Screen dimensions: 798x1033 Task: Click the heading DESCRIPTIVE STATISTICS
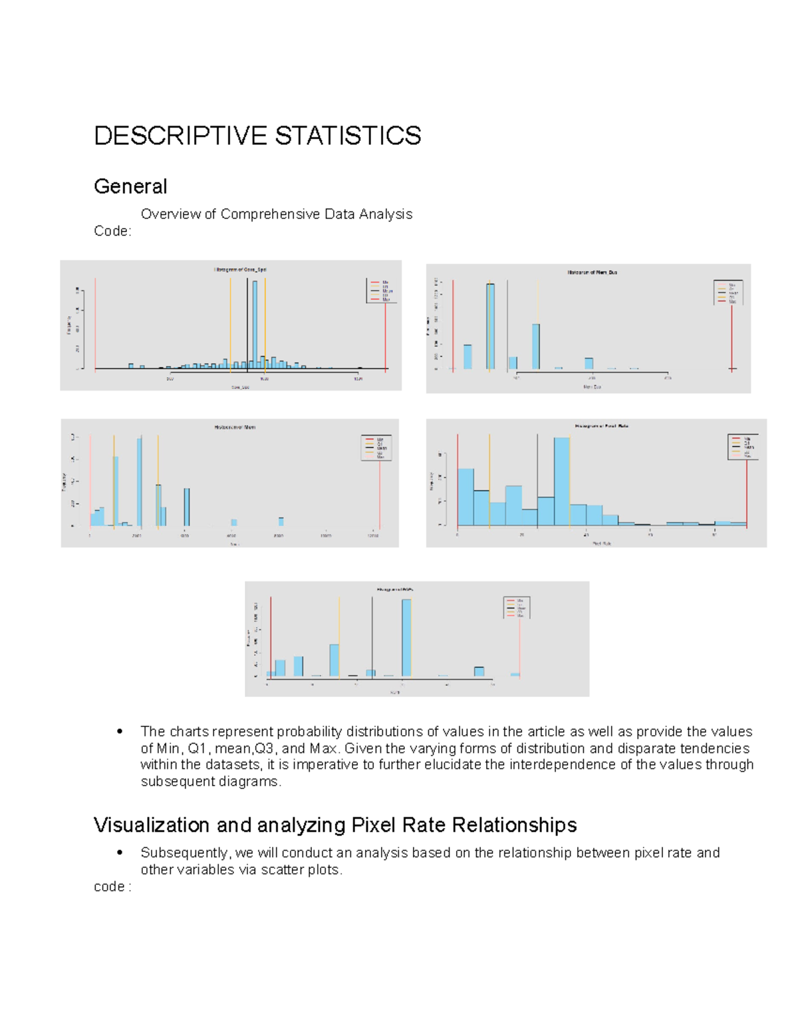[257, 136]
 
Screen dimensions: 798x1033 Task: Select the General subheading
[130, 186]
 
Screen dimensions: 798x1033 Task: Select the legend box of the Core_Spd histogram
[381, 291]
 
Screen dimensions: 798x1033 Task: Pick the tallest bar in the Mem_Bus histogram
[490, 326]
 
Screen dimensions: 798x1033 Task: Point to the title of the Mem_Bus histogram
[592, 272]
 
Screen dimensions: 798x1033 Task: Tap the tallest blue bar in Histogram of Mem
[139, 482]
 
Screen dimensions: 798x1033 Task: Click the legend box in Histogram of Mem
[376, 448]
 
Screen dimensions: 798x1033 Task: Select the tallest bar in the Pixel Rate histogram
[561, 480]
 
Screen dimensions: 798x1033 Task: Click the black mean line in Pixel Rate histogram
[538, 479]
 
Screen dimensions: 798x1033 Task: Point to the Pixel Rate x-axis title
[601, 543]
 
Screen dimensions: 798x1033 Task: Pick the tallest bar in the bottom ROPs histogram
[406, 637]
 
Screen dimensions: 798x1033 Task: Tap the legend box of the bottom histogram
[517, 607]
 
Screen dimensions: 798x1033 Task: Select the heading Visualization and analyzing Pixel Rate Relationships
[335, 825]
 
